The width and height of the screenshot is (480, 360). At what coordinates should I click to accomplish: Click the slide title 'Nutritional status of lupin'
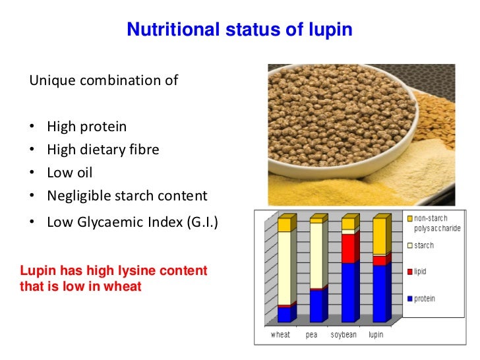click(239, 30)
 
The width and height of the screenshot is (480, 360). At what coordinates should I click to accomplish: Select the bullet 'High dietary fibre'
click(103, 150)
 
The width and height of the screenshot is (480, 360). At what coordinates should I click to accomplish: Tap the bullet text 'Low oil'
click(69, 173)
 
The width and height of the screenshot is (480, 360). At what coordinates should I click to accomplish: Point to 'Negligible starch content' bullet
click(127, 196)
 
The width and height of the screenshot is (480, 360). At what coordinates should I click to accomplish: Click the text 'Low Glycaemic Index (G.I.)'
click(132, 222)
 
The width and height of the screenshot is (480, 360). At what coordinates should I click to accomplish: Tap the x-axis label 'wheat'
click(280, 335)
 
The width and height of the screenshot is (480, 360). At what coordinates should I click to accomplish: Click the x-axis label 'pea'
click(311, 335)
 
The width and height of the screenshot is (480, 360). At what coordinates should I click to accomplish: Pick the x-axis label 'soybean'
click(344, 335)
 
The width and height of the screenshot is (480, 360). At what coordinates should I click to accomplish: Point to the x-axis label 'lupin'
click(376, 335)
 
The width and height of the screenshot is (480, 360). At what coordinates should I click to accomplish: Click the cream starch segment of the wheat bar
click(284, 268)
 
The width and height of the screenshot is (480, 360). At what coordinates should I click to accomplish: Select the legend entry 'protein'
click(424, 299)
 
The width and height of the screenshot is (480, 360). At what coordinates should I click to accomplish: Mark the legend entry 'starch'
click(424, 245)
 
